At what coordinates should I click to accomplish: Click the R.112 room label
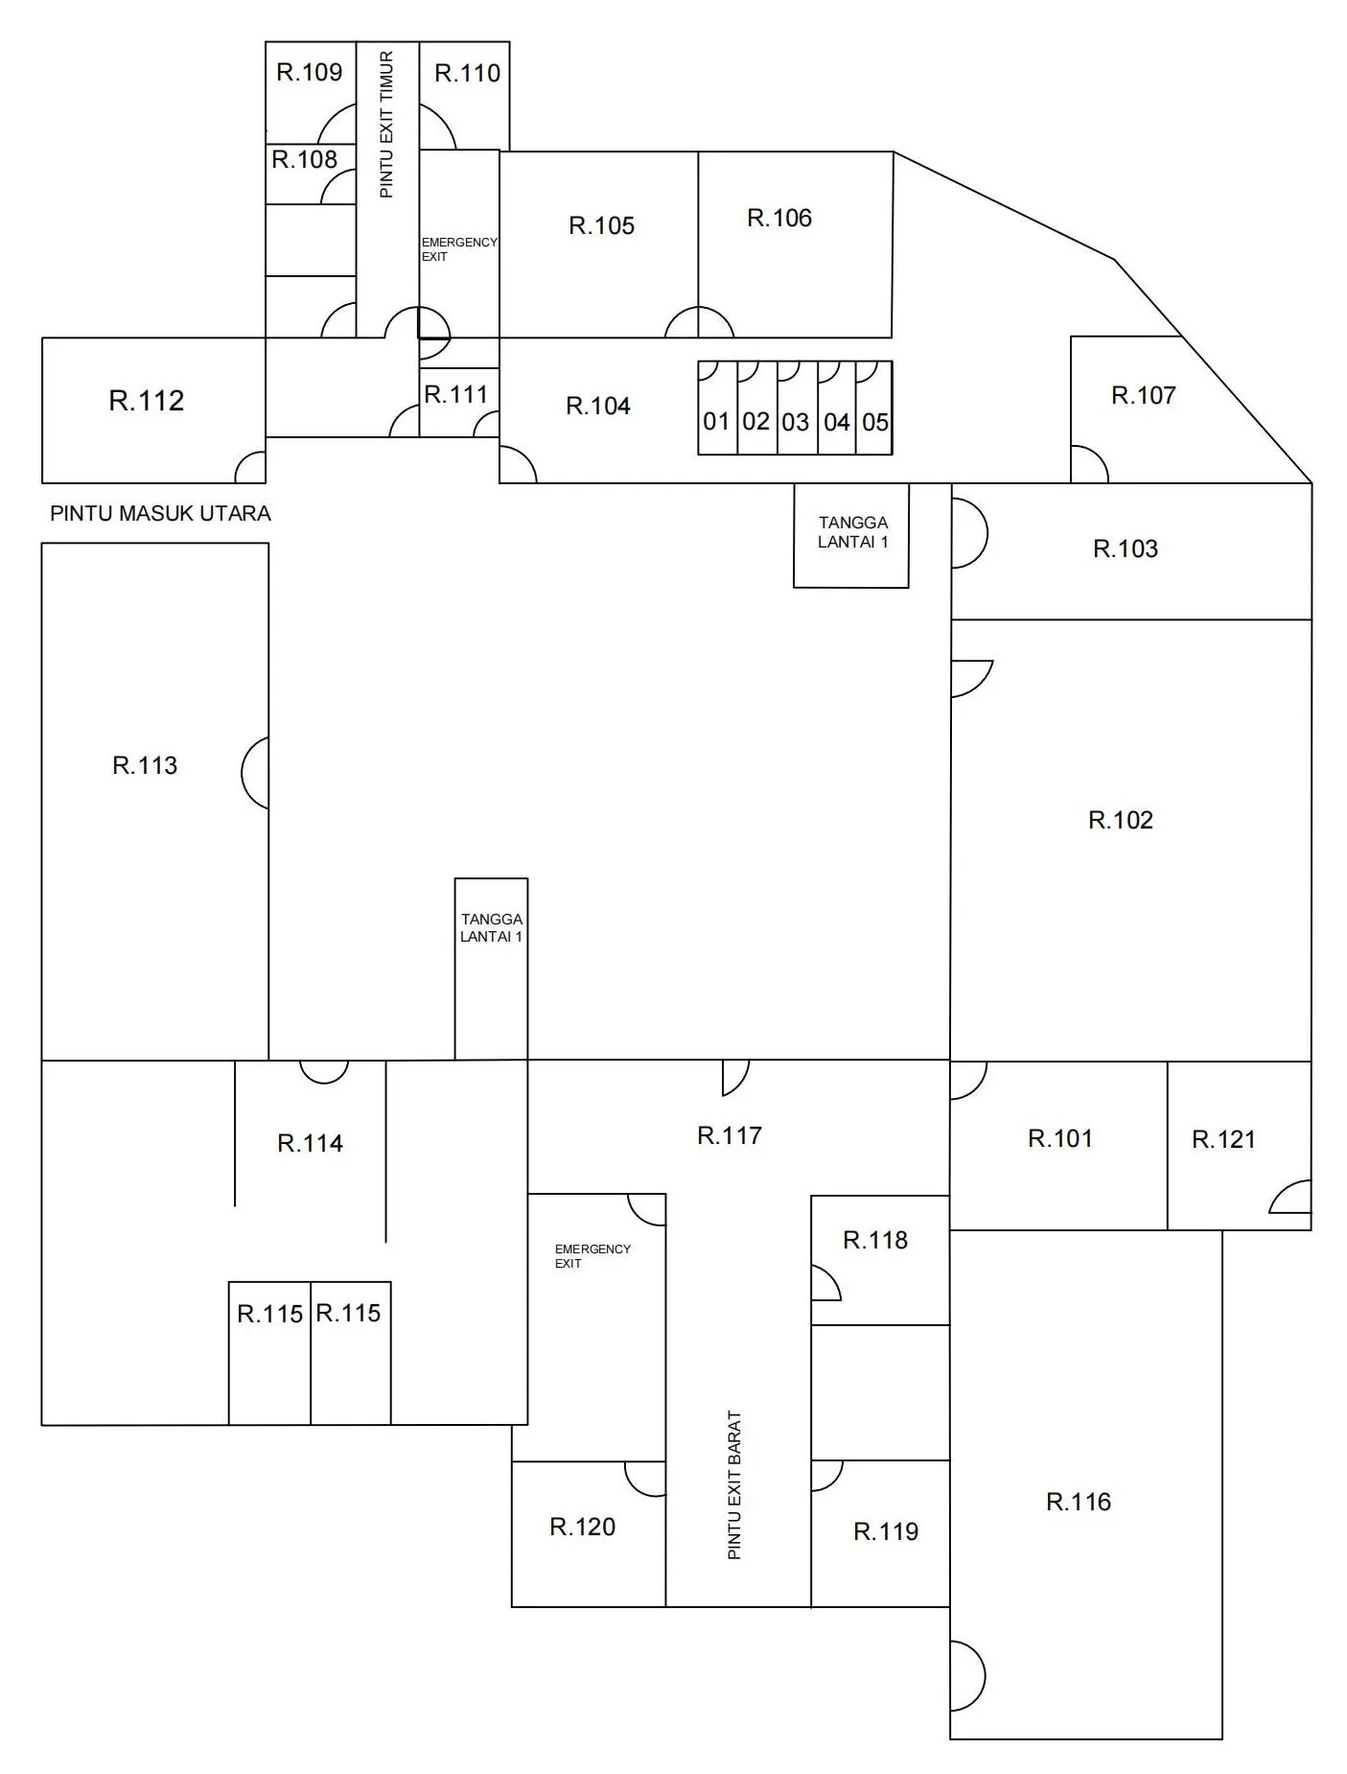coord(147,401)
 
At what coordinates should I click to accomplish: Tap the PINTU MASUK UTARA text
coord(160,513)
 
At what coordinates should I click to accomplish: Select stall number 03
coord(795,422)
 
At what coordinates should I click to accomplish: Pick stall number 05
coord(875,422)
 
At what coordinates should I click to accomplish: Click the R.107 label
coord(1143,395)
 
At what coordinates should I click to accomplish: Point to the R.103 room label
coord(1126,549)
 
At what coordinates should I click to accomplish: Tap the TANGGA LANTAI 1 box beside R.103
coord(851,536)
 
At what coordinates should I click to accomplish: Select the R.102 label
coord(1121,820)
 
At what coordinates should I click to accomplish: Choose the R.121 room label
coord(1223,1139)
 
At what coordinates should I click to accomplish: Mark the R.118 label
coord(875,1240)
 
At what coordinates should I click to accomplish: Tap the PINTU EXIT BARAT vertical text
coord(734,1484)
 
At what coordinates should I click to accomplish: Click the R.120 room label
coord(583,1527)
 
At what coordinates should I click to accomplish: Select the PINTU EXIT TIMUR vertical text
coord(386,125)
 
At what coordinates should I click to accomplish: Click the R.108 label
coord(305,159)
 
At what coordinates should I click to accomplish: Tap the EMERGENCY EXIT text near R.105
coord(459,249)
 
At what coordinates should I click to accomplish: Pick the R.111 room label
coord(456,394)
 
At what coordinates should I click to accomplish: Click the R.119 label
coord(886,1531)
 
